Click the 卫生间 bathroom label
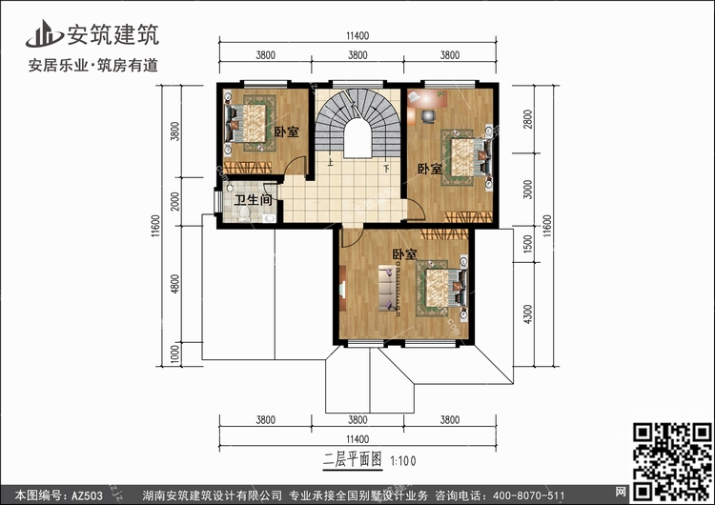253,200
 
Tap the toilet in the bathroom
244,213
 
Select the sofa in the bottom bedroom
389,289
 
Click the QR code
671,461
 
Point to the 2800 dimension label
527,119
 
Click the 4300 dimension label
527,314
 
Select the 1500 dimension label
527,244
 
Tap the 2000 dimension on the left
175,201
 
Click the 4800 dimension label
175,284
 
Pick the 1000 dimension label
175,354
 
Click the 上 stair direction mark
330,161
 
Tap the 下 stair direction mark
387,169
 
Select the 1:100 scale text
403,461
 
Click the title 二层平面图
352,460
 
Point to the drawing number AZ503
87,495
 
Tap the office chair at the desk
428,116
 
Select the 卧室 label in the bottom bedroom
404,254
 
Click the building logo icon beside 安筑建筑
45,34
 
